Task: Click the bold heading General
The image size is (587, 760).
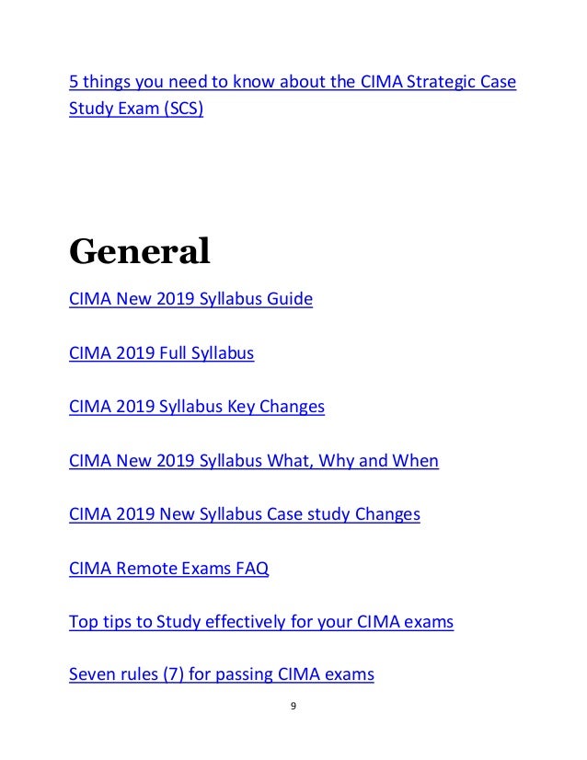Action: pyautogui.click(x=140, y=250)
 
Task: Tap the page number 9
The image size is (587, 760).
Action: pyautogui.click(x=292, y=707)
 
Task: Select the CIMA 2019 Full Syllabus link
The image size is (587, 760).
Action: pyautogui.click(x=161, y=351)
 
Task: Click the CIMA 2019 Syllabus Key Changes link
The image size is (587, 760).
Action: pyautogui.click(x=197, y=405)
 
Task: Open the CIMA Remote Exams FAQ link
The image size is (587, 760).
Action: pyautogui.click(x=169, y=568)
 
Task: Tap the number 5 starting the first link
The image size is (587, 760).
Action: pyautogui.click(x=74, y=84)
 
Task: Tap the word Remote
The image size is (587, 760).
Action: pyautogui.click(x=146, y=568)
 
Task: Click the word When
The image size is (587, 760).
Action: pyautogui.click(x=416, y=459)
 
